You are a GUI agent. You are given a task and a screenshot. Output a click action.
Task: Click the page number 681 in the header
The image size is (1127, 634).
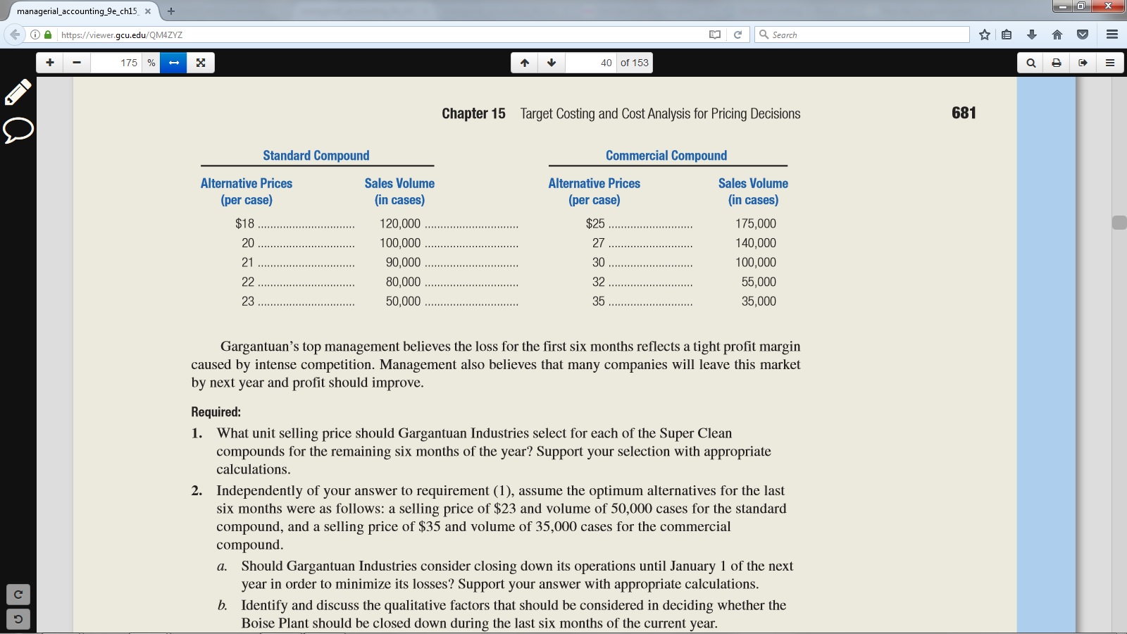tap(963, 113)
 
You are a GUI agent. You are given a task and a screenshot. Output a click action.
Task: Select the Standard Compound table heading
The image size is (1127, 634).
tap(316, 156)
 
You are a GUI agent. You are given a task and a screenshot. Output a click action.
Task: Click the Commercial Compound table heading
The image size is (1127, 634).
tap(666, 156)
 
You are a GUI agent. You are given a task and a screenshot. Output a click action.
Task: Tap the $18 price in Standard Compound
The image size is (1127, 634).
tap(244, 223)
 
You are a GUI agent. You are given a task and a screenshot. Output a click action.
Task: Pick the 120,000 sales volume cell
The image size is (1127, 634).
tap(399, 223)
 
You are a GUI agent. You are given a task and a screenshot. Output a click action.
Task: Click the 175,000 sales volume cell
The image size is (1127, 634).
tap(755, 223)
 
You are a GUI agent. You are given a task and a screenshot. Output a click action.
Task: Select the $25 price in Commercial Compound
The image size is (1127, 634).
tap(594, 223)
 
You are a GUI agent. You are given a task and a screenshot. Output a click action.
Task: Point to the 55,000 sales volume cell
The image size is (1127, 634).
tap(758, 282)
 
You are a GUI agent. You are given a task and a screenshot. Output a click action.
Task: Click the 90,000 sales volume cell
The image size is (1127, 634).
tap(402, 262)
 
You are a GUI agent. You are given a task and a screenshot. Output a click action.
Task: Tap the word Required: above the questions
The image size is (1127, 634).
tap(216, 412)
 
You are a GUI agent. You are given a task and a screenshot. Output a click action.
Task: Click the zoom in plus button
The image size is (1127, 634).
tap(50, 63)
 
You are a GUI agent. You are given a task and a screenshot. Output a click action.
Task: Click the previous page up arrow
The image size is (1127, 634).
tap(525, 63)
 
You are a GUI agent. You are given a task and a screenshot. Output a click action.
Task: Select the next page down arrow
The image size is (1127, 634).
tap(552, 63)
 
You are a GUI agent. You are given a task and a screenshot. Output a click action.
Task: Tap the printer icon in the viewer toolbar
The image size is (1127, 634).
tap(1057, 63)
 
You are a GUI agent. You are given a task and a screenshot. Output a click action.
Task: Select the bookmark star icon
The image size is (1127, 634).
tap(984, 35)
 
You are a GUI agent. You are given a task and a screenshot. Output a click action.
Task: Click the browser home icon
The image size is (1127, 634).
tap(1057, 35)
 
